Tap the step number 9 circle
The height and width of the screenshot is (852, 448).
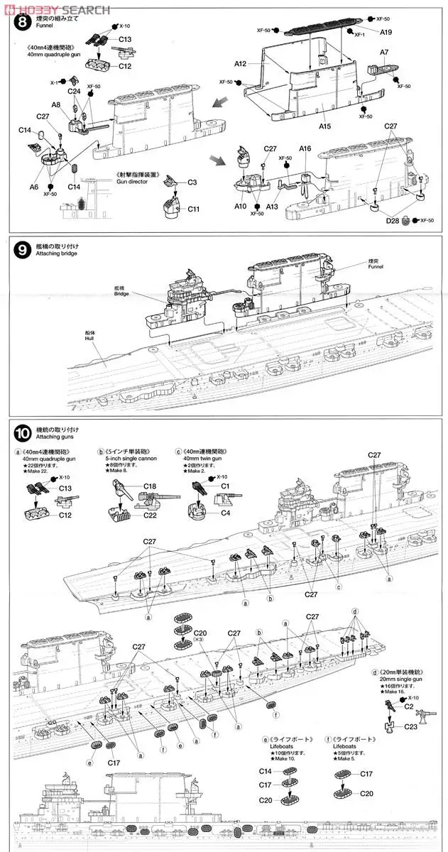(22, 250)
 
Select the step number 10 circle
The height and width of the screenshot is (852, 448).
(22, 432)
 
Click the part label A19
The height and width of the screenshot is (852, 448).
(386, 33)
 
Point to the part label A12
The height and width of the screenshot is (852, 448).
(240, 64)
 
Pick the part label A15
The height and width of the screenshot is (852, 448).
(325, 126)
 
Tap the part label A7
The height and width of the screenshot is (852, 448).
(384, 53)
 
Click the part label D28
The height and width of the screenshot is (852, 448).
(392, 222)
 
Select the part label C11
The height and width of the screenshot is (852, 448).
(194, 209)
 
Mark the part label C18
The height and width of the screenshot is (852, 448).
(150, 486)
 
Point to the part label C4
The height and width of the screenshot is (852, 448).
(226, 513)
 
